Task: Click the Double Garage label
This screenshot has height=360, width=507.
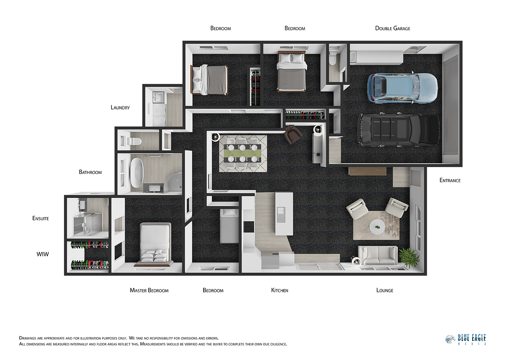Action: [x=393, y=28]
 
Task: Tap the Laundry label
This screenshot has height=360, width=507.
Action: [x=120, y=107]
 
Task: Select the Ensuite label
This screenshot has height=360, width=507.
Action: [x=40, y=218]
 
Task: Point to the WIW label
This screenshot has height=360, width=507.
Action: [x=43, y=254]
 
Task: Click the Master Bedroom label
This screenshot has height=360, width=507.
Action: [x=149, y=290]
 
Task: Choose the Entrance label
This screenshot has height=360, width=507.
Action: [x=450, y=180]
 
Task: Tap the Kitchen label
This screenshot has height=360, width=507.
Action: [x=280, y=290]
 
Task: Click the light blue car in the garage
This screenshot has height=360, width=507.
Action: [x=402, y=87]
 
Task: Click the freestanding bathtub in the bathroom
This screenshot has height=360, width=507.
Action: [x=137, y=173]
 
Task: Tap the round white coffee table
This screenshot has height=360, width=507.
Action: [x=377, y=226]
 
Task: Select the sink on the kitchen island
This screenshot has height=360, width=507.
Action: [x=281, y=215]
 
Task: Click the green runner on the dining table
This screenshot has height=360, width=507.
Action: [x=242, y=153]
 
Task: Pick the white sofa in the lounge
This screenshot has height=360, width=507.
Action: [x=378, y=255]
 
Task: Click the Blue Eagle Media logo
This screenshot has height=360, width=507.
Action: [x=465, y=340]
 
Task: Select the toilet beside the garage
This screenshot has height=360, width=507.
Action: [x=333, y=58]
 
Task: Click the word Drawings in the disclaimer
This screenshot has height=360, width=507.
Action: [x=28, y=338]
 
